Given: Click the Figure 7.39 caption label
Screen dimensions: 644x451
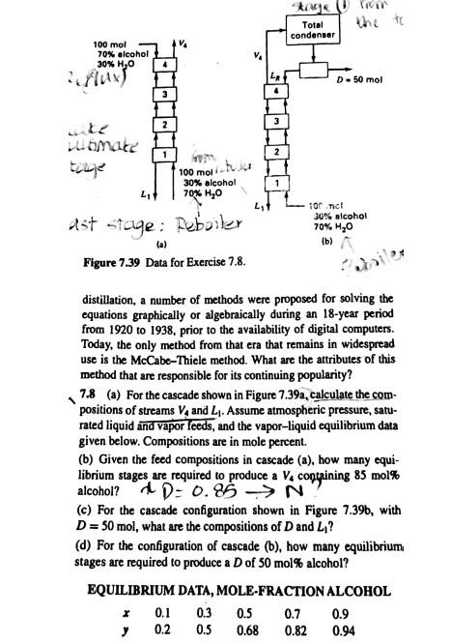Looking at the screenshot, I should pos(116,259).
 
